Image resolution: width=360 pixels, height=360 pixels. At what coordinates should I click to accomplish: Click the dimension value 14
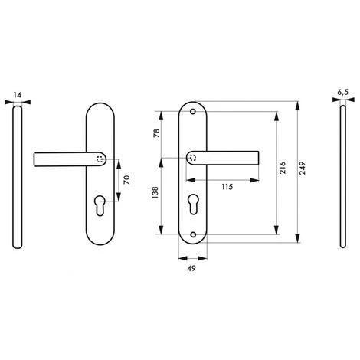[x=18, y=95]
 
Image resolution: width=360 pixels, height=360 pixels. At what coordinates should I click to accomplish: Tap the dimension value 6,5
[x=342, y=93]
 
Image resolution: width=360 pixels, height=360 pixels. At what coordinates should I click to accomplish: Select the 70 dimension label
[x=127, y=180]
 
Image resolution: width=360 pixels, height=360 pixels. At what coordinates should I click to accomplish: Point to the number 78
[x=156, y=133]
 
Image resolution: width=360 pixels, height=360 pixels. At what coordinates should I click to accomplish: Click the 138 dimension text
[x=155, y=193]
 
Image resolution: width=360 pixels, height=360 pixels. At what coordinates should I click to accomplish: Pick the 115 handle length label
[x=227, y=187]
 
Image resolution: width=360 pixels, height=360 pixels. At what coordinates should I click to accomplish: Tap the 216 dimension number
[x=283, y=168]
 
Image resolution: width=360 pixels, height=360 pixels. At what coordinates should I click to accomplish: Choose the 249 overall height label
[x=303, y=168]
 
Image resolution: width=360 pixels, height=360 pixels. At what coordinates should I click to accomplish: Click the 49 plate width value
[x=191, y=268]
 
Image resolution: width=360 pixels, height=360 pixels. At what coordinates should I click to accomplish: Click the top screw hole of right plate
[x=193, y=112]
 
